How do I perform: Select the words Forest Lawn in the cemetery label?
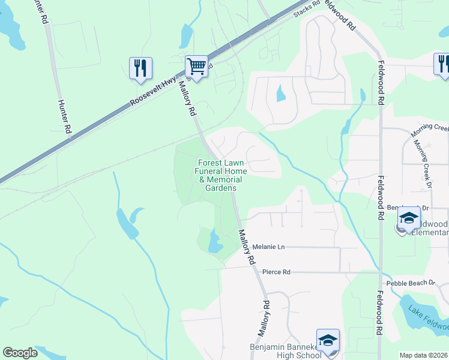221,163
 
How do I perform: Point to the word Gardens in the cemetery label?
221,188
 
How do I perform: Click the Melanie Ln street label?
268,247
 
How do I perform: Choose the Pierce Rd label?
277,272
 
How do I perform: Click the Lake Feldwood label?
428,319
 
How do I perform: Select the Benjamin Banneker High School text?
294,352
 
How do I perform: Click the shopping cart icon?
196,66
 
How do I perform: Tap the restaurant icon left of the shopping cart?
140,68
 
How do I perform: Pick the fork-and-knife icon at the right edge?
442,64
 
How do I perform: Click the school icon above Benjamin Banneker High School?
328,340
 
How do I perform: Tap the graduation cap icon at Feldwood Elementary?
409,219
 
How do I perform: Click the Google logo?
20,353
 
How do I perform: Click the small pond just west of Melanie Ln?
214,242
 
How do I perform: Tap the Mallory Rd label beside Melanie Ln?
247,247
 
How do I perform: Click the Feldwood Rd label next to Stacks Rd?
340,12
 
